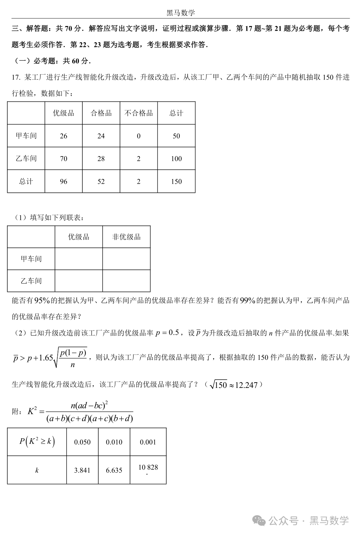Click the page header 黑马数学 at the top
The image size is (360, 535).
pyautogui.click(x=180, y=13)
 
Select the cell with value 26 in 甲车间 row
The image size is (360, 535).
pyautogui.click(x=64, y=136)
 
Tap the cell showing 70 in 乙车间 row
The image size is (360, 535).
pyautogui.click(x=64, y=159)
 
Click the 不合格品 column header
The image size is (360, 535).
pyautogui.click(x=139, y=113)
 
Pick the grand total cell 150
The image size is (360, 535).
pyautogui.click(x=176, y=181)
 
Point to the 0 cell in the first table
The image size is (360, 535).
pyautogui.click(x=139, y=136)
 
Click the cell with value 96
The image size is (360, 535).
pyautogui.click(x=64, y=181)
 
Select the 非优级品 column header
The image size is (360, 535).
pyautogui.click(x=126, y=237)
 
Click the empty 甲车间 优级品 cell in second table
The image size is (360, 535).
pyautogui.click(x=79, y=259)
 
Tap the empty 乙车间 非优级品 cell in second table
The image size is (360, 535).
pyautogui.click(x=126, y=281)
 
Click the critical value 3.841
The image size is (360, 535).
pyautogui.click(x=82, y=470)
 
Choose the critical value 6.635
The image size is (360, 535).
pyautogui.click(x=114, y=470)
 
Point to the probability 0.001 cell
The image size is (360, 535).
pyautogui.click(x=148, y=442)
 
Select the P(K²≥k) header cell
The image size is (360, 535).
pyautogui.click(x=37, y=442)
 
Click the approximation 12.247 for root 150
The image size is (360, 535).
pyautogui.click(x=246, y=385)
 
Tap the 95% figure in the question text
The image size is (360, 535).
pyautogui.click(x=42, y=301)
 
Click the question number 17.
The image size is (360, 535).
pyautogui.click(x=16, y=77)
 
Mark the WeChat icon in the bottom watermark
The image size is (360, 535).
pyautogui.click(x=259, y=521)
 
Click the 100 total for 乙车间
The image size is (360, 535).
pyautogui.click(x=176, y=159)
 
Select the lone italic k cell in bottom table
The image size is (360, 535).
pyautogui.click(x=37, y=470)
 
